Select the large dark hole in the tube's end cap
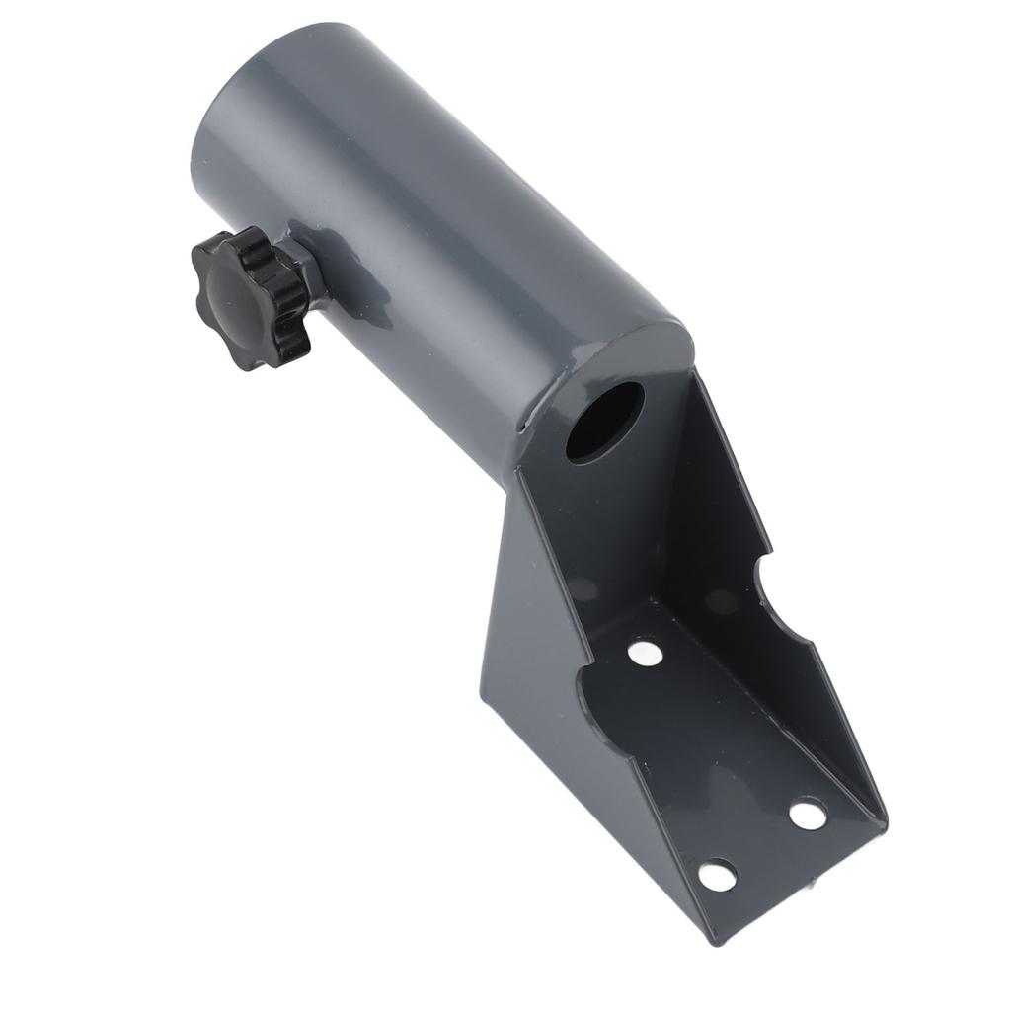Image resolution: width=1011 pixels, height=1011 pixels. pos(604,422)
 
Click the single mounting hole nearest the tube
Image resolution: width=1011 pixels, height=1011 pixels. pos(644,653)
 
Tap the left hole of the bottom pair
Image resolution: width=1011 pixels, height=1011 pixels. pos(718,874)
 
